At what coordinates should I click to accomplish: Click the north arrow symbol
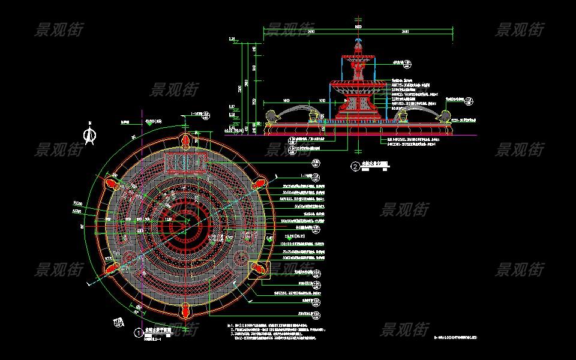90,135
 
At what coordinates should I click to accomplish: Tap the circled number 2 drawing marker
355,166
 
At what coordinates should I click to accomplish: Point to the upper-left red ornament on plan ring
112,182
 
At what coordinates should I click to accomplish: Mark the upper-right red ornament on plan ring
260,182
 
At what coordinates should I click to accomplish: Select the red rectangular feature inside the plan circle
186,163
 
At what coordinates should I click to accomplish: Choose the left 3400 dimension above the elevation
310,31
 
